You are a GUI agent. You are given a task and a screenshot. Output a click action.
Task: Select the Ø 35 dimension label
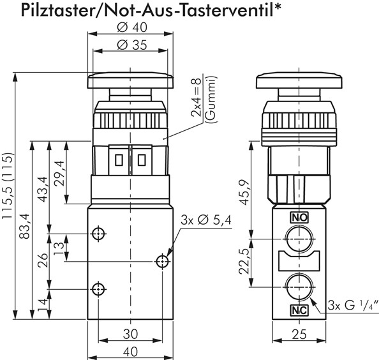(131, 45)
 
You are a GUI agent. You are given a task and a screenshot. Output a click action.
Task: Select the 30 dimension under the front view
(130, 333)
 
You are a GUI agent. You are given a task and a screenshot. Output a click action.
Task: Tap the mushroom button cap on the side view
(299, 82)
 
